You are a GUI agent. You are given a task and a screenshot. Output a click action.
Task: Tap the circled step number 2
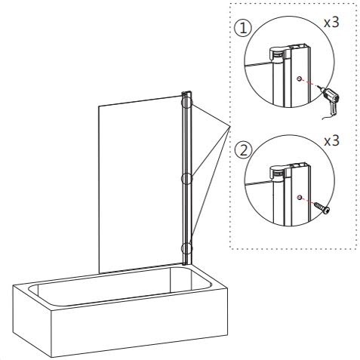242,149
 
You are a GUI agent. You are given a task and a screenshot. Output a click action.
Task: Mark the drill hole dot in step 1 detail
300,78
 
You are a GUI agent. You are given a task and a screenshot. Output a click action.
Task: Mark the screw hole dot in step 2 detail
300,196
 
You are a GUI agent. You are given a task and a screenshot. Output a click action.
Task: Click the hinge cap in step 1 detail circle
278,53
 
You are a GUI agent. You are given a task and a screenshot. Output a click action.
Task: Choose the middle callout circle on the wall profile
186,179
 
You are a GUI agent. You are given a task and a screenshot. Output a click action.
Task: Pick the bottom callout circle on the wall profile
186,248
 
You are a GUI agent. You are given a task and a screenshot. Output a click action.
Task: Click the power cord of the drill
329,112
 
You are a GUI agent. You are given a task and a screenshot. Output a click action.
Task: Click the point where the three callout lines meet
229,127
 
